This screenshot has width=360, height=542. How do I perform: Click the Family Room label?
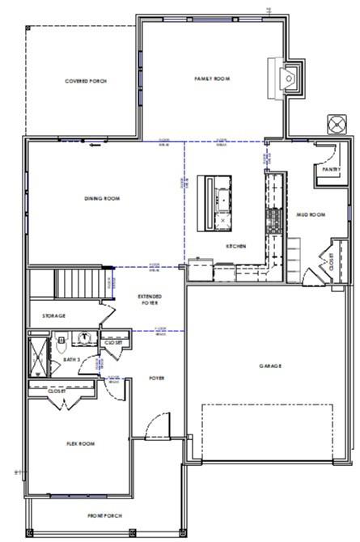point(212,78)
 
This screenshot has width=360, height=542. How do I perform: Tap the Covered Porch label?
point(86,81)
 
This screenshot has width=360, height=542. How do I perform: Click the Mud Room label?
point(311,214)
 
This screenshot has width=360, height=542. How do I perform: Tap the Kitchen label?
point(235,246)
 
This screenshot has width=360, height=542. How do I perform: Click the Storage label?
point(53,315)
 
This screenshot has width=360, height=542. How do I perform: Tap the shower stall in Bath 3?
point(38,356)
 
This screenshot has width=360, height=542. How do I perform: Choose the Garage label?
point(270,366)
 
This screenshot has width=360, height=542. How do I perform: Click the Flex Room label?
point(80,443)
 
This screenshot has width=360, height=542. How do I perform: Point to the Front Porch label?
point(104,515)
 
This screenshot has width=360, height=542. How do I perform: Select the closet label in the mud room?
point(330,260)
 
